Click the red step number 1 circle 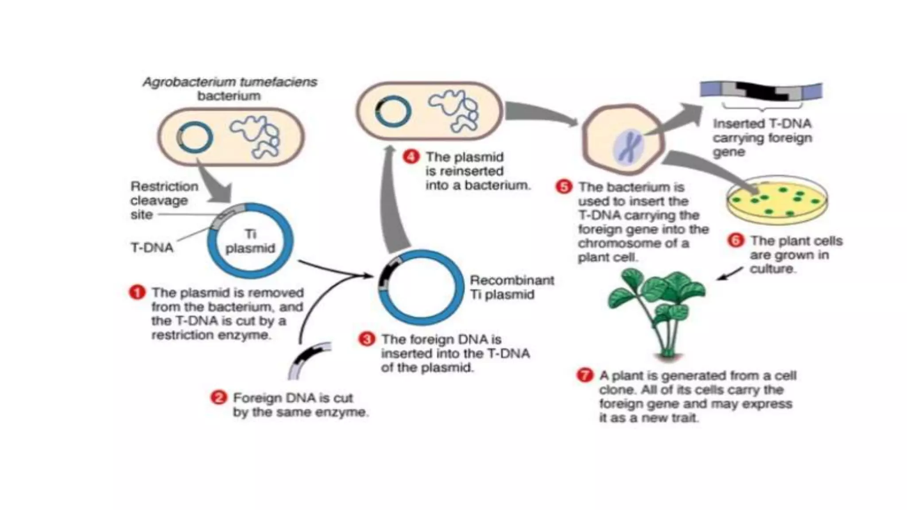137,293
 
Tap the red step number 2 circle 218,398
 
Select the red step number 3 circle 367,340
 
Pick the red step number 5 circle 564,187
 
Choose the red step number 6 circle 736,241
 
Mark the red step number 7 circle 585,375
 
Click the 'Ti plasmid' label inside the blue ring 250,241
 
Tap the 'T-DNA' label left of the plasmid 152,247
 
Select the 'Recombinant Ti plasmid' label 512,287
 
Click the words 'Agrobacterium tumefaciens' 230,82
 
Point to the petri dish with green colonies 777,199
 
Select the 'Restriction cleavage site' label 164,200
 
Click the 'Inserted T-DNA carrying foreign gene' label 762,138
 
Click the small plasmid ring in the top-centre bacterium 392,112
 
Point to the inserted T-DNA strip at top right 761,91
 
